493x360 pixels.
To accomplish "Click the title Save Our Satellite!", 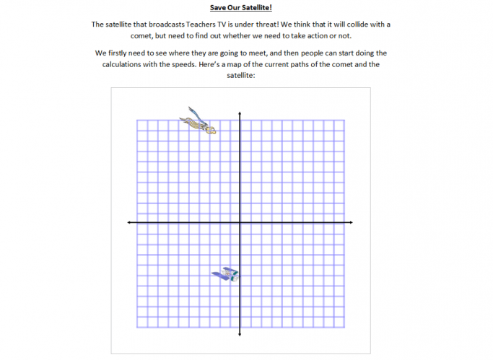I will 240,8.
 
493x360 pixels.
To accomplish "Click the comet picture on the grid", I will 198,121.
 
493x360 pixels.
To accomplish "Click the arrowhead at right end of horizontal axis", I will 351,223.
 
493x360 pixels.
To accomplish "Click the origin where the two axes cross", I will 240,223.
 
